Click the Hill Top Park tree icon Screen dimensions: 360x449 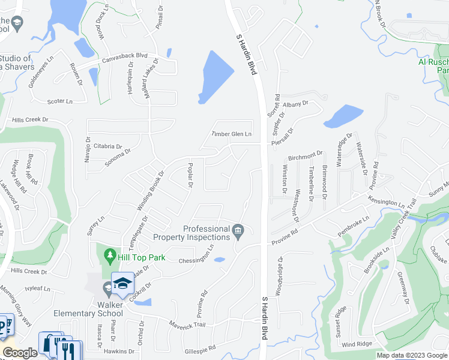pyautogui.click(x=109, y=256)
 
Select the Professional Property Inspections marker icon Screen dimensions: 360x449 pyautogui.click(x=238, y=230)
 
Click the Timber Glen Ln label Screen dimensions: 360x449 pyautogui.click(x=231, y=133)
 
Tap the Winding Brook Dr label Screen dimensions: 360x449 pyautogui.click(x=150, y=191)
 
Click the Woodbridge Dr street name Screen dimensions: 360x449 pyautogui.click(x=279, y=277)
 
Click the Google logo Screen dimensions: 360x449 pyautogui.click(x=20, y=353)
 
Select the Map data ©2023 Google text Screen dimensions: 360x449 pyautogui.click(x=412, y=355)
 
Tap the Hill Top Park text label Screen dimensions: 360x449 pyautogui.click(x=140, y=257)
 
